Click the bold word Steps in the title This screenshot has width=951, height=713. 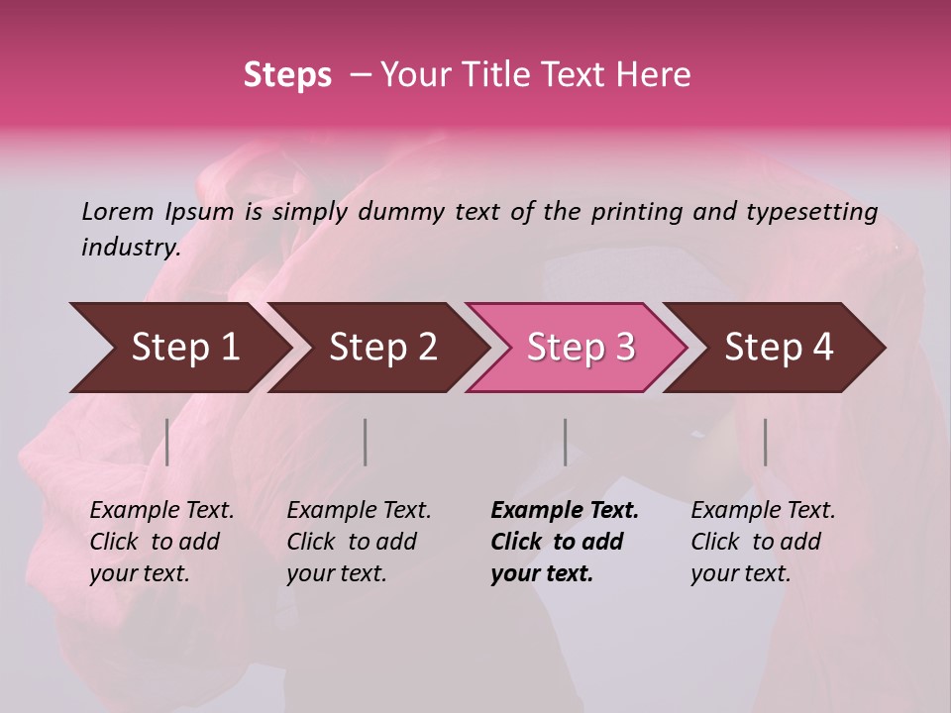[x=287, y=75]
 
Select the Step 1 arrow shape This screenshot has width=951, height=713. [x=178, y=347]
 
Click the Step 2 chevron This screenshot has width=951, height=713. [x=381, y=347]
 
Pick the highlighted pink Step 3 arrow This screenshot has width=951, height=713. [x=580, y=347]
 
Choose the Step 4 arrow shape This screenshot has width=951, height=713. [x=778, y=347]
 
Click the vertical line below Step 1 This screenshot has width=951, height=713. [x=167, y=442]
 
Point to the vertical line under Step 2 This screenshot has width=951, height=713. [x=366, y=442]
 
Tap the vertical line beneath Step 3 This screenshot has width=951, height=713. [x=565, y=442]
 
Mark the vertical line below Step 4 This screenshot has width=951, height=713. [x=765, y=442]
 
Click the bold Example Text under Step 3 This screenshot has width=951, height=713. [x=565, y=542]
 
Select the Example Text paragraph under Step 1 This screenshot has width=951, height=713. [x=161, y=542]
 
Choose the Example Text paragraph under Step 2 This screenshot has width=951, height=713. [x=359, y=542]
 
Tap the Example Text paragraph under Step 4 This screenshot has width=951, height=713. [x=763, y=542]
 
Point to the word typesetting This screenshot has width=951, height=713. [x=811, y=211]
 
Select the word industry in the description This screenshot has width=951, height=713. [x=130, y=247]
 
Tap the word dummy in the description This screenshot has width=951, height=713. [x=402, y=211]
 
